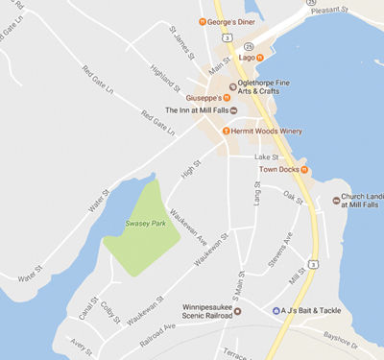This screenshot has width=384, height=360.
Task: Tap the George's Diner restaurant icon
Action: click(x=202, y=20)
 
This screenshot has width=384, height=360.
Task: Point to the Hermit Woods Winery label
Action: click(x=264, y=131)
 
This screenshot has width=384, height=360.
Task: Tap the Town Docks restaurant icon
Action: click(x=304, y=170)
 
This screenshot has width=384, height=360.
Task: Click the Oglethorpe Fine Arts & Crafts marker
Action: click(x=231, y=83)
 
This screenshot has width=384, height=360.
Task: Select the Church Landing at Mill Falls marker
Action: click(x=336, y=200)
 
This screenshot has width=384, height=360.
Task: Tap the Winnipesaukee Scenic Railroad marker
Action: click(x=239, y=310)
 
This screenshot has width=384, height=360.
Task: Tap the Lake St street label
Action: click(x=266, y=156)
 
